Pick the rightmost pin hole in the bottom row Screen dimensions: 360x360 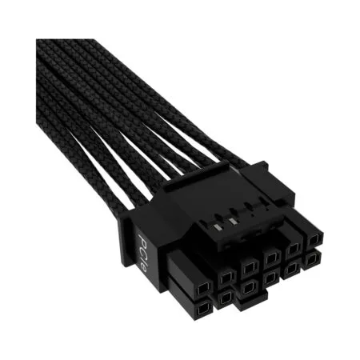click(310, 258)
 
